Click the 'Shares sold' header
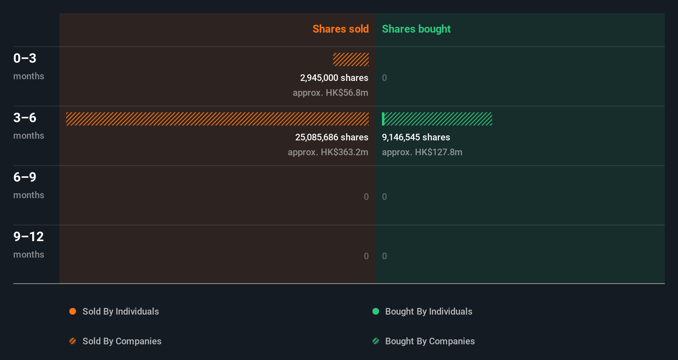(x=340, y=29)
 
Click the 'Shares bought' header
(x=416, y=29)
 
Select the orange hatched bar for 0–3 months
(x=351, y=59)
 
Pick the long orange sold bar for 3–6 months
(x=217, y=119)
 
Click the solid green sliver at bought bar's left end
(x=383, y=119)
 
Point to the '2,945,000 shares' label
(x=334, y=78)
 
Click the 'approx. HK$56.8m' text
(x=330, y=92)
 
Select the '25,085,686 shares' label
(x=332, y=137)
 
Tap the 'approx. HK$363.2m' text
(x=328, y=152)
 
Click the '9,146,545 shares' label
(x=416, y=137)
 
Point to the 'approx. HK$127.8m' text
(x=422, y=152)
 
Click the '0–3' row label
(x=25, y=58)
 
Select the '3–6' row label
(x=25, y=118)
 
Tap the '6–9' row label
(x=25, y=177)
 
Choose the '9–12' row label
(x=28, y=237)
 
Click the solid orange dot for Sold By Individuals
(x=73, y=311)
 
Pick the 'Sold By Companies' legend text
(x=122, y=341)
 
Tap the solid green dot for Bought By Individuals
(x=376, y=311)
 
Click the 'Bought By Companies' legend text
(x=430, y=341)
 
